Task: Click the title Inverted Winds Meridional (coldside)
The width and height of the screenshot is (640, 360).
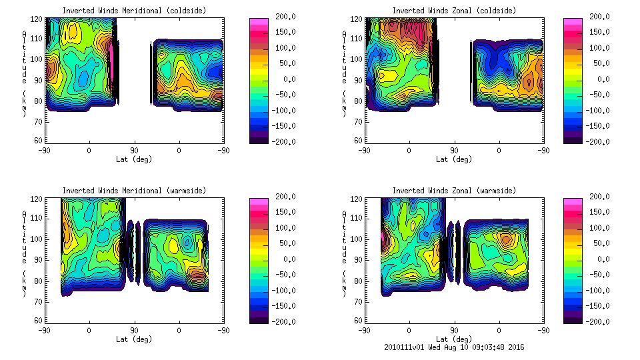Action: pyautogui.click(x=134, y=11)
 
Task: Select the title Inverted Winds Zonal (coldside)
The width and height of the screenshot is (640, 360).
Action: pyautogui.click(x=453, y=11)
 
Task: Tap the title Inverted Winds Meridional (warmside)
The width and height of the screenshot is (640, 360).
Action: pyautogui.click(x=134, y=191)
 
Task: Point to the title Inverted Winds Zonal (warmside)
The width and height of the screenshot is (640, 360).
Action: pyautogui.click(x=453, y=191)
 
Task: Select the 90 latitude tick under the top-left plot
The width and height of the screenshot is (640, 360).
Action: pyautogui.click(x=133, y=150)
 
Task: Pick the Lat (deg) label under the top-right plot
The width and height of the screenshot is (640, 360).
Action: pyautogui.click(x=454, y=159)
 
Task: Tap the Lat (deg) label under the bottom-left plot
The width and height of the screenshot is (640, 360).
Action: pyautogui.click(x=134, y=339)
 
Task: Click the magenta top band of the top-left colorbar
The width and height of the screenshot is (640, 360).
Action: pyautogui.click(x=259, y=21)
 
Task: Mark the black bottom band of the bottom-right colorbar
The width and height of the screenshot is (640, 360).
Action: pyautogui.click(x=572, y=318)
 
